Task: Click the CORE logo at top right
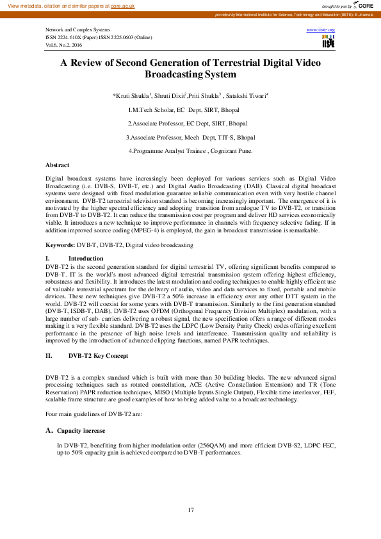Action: pyautogui.click(x=366, y=4)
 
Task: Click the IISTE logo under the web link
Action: pyautogui.click(x=328, y=42)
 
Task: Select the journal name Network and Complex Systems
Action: pyautogui.click(x=77, y=30)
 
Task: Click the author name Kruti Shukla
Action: pyautogui.click(x=132, y=96)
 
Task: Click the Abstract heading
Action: pyautogui.click(x=58, y=165)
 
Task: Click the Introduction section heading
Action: pyautogui.click(x=86, y=258)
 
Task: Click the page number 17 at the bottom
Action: pyautogui.click(x=190, y=510)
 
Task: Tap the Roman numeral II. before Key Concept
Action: pyautogui.click(x=49, y=355)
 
